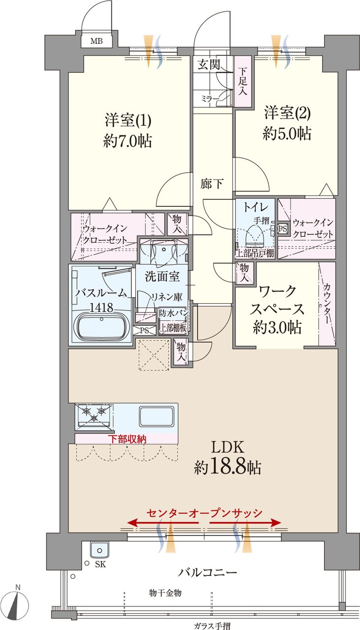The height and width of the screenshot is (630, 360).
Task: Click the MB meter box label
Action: point(97,41)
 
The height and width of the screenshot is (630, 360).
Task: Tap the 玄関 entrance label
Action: point(209,64)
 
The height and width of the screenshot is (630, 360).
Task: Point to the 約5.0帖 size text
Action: point(287,134)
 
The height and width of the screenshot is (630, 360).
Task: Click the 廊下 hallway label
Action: point(212,184)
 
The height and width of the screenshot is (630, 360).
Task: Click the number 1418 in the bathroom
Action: point(101,308)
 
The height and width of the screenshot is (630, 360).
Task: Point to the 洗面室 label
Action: point(162,277)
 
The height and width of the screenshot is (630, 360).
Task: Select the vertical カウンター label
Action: point(327,303)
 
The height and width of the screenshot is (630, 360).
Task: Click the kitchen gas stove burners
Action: point(94,413)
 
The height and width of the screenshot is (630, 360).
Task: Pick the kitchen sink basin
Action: point(156,416)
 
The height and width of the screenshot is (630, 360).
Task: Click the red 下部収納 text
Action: point(127,438)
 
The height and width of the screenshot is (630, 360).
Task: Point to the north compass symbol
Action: point(19,601)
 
